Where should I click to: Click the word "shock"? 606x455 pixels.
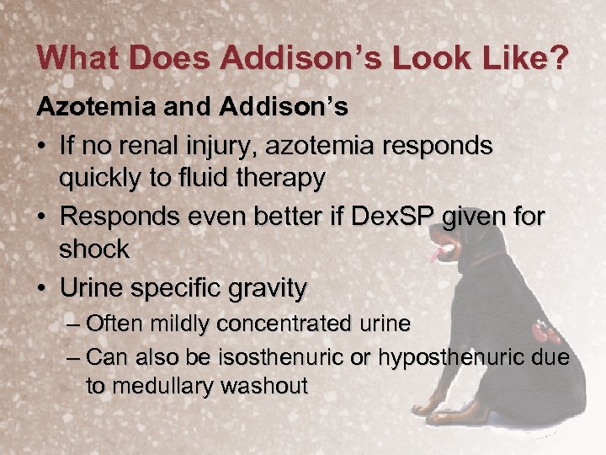point(94,249)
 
